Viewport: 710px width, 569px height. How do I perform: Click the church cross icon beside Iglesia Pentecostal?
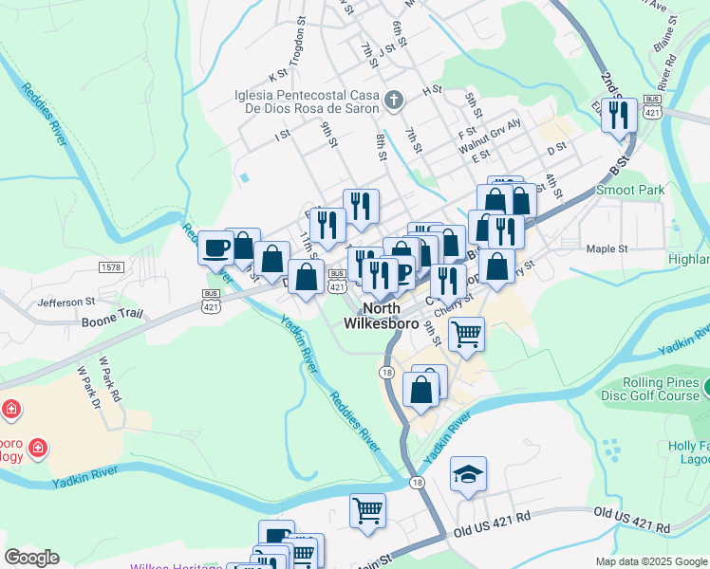pyautogui.click(x=395, y=99)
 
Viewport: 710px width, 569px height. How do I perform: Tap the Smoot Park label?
pyautogui.click(x=629, y=190)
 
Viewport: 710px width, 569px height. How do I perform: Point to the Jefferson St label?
pyautogui.click(x=66, y=303)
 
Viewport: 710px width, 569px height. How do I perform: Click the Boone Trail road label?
pyautogui.click(x=111, y=322)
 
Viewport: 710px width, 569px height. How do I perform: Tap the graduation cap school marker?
pyautogui.click(x=468, y=473)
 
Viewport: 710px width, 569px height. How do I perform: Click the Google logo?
pyautogui.click(x=32, y=558)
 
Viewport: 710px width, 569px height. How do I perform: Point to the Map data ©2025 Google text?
pyautogui.click(x=650, y=561)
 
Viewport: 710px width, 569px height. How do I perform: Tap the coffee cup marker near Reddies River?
pyautogui.click(x=216, y=247)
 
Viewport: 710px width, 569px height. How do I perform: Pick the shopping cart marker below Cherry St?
pyautogui.click(x=466, y=333)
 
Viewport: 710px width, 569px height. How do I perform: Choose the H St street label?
pyautogui.click(x=433, y=89)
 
